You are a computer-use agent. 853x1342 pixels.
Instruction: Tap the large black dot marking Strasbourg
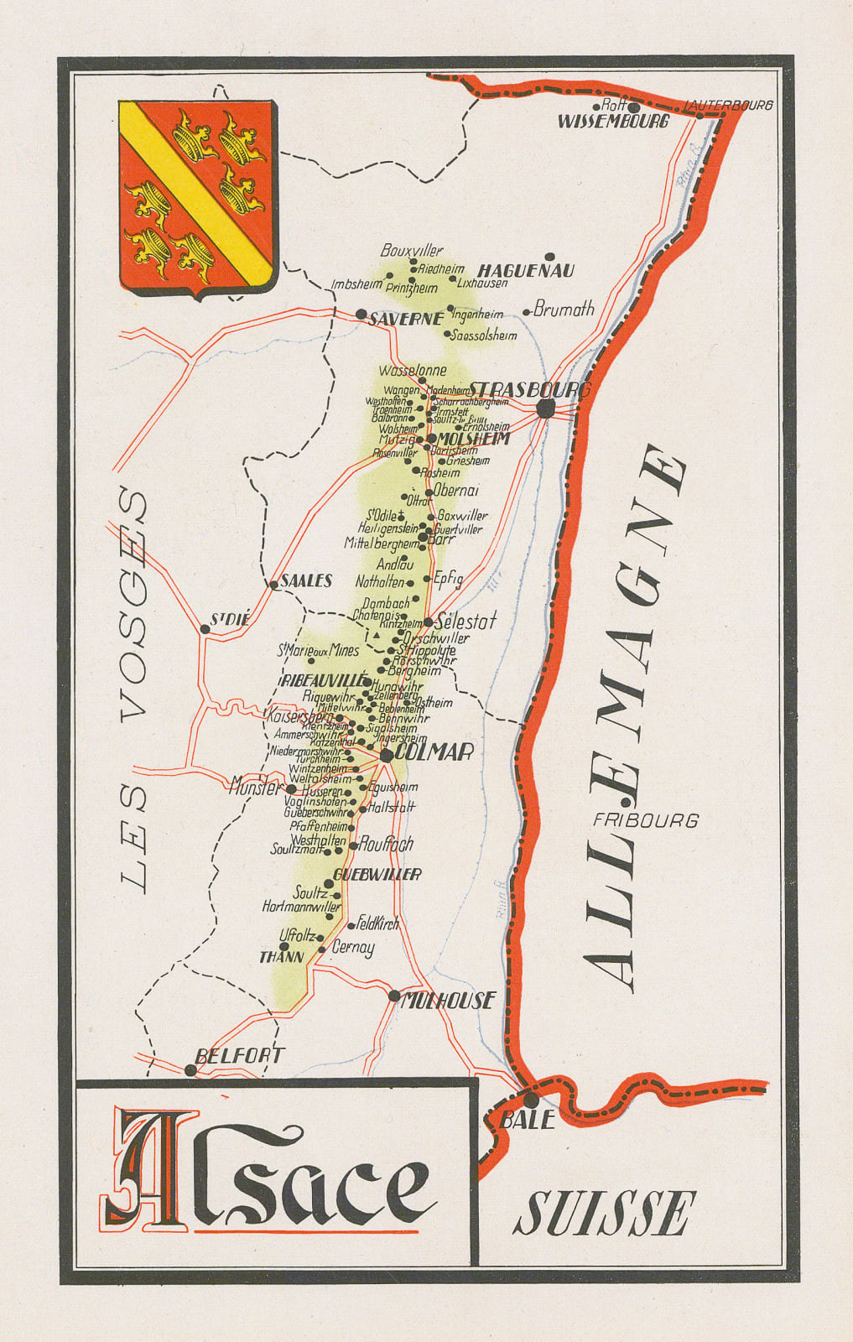546,408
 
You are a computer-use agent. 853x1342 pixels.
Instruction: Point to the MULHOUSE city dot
394,996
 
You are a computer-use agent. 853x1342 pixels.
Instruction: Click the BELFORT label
239,1056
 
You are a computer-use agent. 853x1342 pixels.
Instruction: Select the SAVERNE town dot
361,315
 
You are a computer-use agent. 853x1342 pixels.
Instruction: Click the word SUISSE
605,1212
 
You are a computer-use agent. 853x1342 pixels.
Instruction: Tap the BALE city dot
532,1099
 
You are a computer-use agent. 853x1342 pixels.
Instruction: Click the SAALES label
306,580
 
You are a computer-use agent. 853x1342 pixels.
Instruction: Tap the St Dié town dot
205,628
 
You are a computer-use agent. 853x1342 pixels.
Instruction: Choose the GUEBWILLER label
377,875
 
